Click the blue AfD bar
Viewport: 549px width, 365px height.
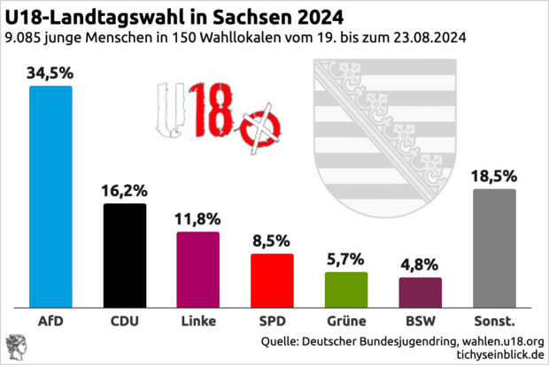point(51,195)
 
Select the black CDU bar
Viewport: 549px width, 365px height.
point(125,255)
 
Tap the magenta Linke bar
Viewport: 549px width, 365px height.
point(198,269)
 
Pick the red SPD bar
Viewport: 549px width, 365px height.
point(272,279)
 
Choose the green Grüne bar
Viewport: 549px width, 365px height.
point(346,288)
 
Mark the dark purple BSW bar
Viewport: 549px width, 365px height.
point(420,291)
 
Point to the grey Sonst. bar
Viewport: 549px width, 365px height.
point(494,247)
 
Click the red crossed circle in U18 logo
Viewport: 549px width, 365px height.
point(262,127)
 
